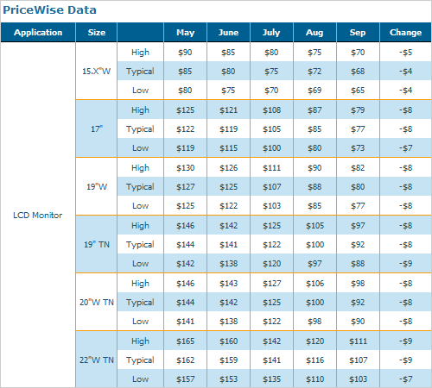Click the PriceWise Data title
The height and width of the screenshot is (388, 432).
tap(49, 10)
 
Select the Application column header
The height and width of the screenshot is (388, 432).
tap(38, 33)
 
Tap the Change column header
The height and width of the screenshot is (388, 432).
tap(405, 33)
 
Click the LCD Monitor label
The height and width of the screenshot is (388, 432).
tap(38, 215)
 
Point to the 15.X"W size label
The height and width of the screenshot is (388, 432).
tap(97, 71)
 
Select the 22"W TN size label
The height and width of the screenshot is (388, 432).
tap(97, 360)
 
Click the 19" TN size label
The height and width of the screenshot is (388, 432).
tap(97, 244)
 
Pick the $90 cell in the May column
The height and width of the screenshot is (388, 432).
tap(185, 53)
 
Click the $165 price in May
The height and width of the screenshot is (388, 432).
tap(186, 341)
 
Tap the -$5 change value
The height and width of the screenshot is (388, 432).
tap(405, 53)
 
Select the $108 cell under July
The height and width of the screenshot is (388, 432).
tap(272, 110)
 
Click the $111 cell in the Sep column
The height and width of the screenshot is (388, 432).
tap(358, 341)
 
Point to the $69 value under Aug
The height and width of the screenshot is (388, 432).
tap(314, 91)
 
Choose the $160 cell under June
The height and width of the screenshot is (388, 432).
tap(229, 341)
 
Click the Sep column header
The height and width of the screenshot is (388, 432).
tap(358, 33)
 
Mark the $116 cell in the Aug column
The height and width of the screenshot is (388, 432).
tap(315, 360)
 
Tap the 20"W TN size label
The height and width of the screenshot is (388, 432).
tap(97, 302)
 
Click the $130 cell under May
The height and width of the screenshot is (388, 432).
tap(186, 168)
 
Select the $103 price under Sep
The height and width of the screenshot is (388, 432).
tap(359, 379)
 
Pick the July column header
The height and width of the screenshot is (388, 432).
tap(271, 33)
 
